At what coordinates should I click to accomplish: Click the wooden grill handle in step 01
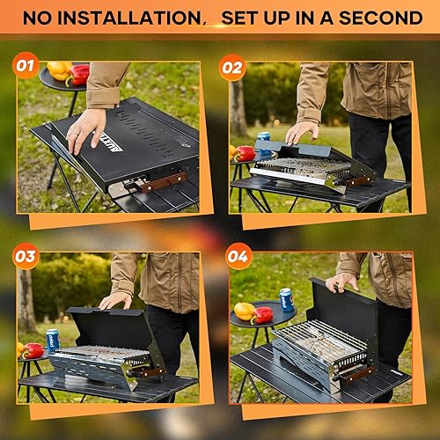pyautogui.click(x=164, y=182)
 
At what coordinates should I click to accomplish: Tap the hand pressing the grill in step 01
pyautogui.click(x=85, y=129)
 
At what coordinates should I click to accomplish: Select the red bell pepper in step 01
pyautogui.click(x=78, y=76)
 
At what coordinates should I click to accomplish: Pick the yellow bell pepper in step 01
pyautogui.click(x=59, y=70)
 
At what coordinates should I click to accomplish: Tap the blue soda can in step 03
pyautogui.click(x=52, y=341)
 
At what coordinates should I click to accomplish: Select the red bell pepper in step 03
pyautogui.click(x=33, y=350)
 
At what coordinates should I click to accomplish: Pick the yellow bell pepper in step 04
pyautogui.click(x=245, y=311)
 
